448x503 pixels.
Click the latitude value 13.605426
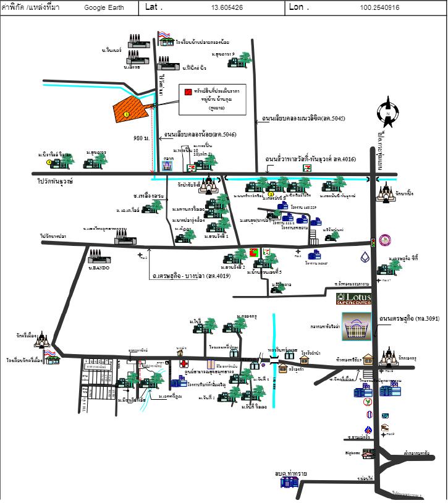pos(227,8)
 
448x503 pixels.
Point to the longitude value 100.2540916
pos(379,8)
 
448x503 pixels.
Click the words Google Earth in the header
pos(104,8)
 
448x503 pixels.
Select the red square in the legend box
pos(187,91)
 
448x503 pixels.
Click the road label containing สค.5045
pos(304,118)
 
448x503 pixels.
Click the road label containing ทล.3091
pos(410,318)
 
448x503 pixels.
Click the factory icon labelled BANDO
pos(98,256)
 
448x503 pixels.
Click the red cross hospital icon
pos(183,364)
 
